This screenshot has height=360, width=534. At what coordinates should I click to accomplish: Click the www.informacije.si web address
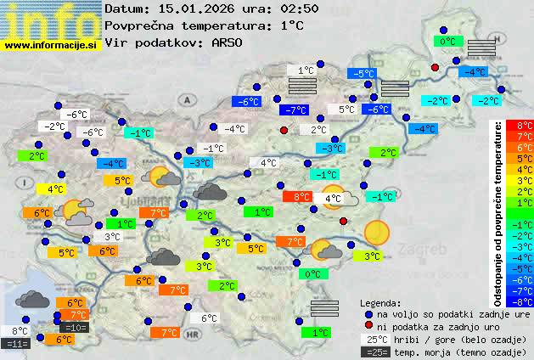click(x=51, y=45)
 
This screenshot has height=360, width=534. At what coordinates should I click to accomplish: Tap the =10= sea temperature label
click(x=74, y=327)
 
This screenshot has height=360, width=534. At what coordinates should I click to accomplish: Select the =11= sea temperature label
click(x=16, y=343)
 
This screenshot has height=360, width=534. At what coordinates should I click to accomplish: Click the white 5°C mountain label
click(x=346, y=110)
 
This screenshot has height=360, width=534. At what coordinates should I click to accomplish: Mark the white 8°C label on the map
click(x=20, y=331)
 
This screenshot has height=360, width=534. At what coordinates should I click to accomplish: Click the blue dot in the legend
click(x=368, y=314)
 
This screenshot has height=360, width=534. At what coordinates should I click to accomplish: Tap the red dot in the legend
click(x=368, y=326)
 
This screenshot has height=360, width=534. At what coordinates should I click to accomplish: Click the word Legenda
click(x=380, y=302)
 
